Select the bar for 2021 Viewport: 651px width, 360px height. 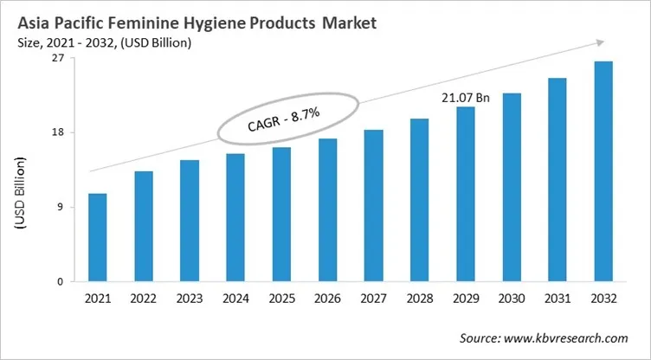(x=98, y=237)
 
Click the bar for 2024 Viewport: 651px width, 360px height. (x=235, y=217)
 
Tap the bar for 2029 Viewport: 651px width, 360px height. (x=466, y=194)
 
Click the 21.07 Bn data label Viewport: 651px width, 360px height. (x=466, y=98)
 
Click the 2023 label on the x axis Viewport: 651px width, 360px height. (x=190, y=299)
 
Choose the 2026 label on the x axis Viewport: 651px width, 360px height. (x=327, y=299)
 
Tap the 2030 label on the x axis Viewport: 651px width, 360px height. (x=512, y=299)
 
